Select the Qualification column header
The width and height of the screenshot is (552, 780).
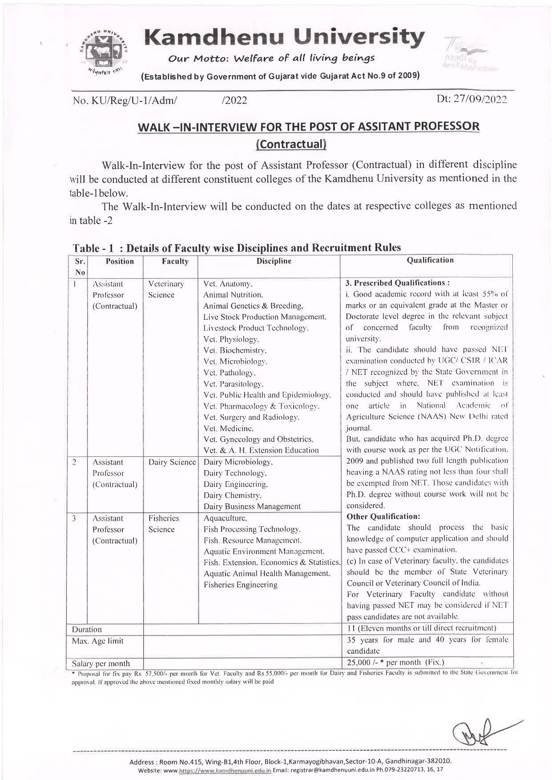(x=430, y=260)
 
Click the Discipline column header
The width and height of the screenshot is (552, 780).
(x=274, y=261)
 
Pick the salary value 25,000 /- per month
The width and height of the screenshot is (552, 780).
(x=395, y=662)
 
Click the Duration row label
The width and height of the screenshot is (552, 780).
(x=87, y=629)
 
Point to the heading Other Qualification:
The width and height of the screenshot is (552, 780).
(x=383, y=516)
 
